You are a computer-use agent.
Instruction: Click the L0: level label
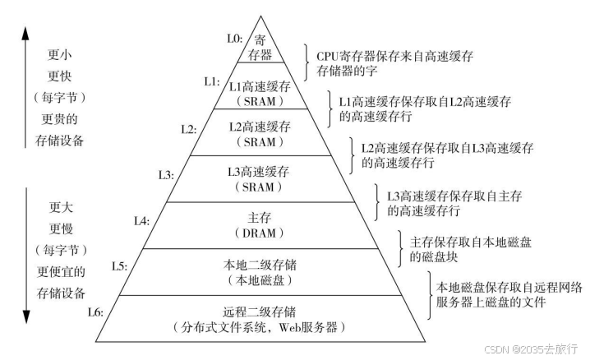pyautogui.click(x=234, y=38)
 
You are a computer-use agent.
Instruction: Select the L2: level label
pyautogui.click(x=189, y=128)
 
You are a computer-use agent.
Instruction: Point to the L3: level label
pyautogui.click(x=165, y=173)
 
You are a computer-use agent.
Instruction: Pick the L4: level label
pyautogui.click(x=141, y=220)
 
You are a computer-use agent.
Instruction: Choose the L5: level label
pyautogui.click(x=118, y=266)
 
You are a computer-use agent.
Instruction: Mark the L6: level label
pyautogui.click(x=95, y=312)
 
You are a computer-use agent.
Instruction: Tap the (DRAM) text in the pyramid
pyautogui.click(x=260, y=234)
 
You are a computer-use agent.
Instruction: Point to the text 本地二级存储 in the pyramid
pyautogui.click(x=260, y=265)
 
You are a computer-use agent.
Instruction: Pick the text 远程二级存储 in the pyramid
pyautogui.click(x=260, y=312)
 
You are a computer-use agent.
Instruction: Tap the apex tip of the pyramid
pyautogui.click(x=260, y=16)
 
